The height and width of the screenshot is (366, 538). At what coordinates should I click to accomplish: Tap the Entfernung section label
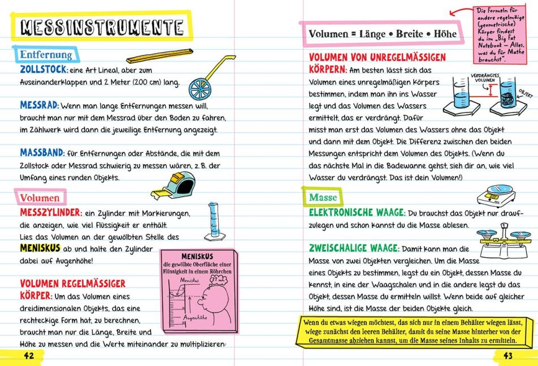pyautogui.click(x=46, y=55)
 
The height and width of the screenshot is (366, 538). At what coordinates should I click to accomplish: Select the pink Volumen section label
pyautogui.click(x=40, y=198)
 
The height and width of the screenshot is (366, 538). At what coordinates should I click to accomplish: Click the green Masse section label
pyautogui.click(x=323, y=198)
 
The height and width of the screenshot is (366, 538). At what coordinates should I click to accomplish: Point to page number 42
pyautogui.click(x=28, y=354)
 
